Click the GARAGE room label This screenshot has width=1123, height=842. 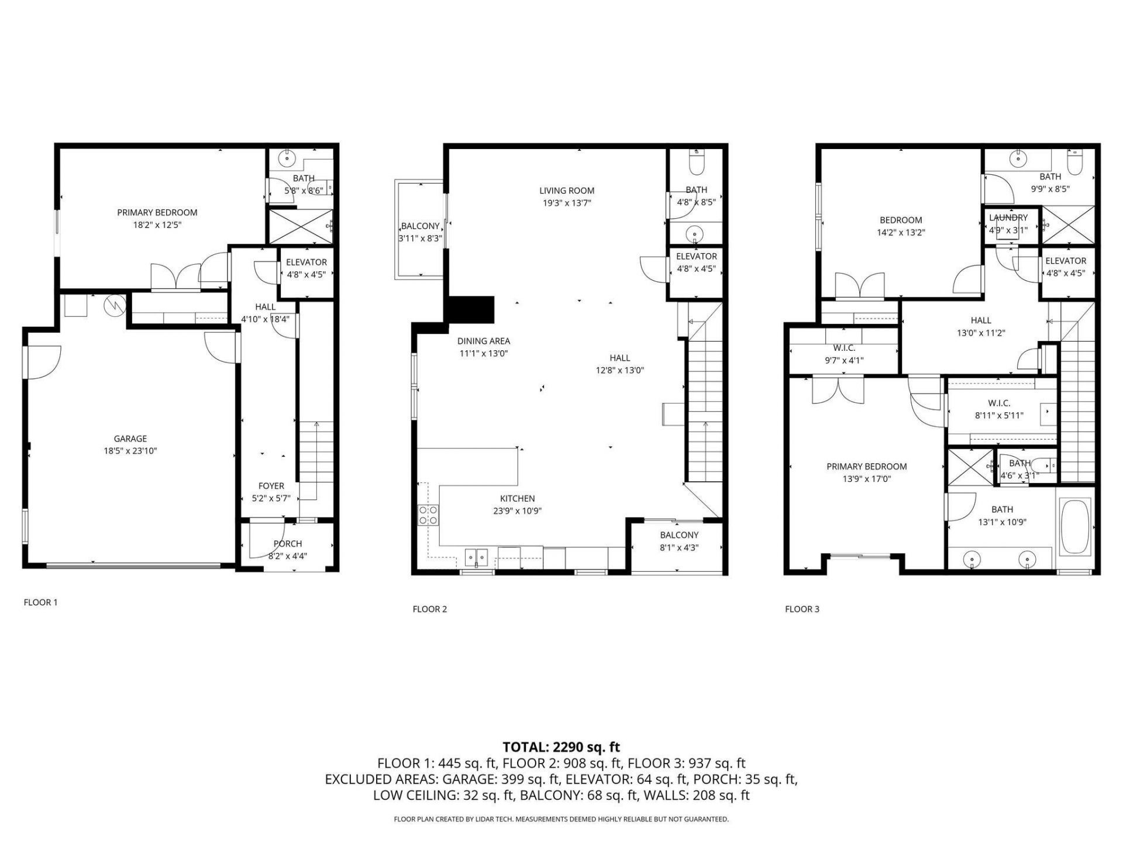coord(130,439)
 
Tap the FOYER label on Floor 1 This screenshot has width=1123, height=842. coord(271,486)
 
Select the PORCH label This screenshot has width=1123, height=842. coord(288,544)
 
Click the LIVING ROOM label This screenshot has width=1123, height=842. coord(566,191)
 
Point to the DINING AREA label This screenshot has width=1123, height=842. coord(483,341)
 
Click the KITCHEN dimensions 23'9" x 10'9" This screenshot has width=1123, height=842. coord(517,511)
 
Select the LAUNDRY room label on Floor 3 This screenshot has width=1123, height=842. coord(1008,218)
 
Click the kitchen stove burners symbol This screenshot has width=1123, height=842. coord(428,515)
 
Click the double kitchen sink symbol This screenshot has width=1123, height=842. coord(477,557)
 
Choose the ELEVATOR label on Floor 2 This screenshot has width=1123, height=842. coord(696,257)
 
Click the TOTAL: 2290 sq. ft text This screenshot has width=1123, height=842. coord(561,747)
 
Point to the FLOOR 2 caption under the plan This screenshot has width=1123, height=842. coord(429,609)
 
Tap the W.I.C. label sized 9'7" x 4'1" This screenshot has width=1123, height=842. coord(843,348)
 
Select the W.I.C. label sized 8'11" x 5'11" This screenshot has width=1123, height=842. coord(999,403)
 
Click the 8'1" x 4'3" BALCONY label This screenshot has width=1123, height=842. coord(679,535)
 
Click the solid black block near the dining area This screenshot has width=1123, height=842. coord(471,310)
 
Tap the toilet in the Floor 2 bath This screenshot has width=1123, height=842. coord(696,164)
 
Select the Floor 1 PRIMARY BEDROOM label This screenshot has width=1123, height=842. coord(157,213)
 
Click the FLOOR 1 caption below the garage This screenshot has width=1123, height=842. coord(40,602)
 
